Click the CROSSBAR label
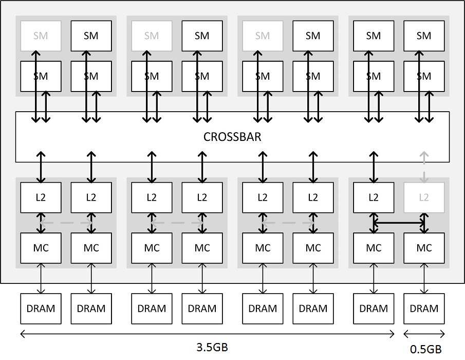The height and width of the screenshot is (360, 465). click(x=232, y=137)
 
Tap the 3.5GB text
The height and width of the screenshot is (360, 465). click(x=212, y=347)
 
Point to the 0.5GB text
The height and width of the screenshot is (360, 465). click(x=425, y=349)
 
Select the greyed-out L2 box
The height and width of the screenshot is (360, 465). click(x=424, y=197)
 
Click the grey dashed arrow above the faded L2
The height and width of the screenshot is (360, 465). click(x=424, y=167)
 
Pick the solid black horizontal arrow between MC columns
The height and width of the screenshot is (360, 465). click(x=399, y=223)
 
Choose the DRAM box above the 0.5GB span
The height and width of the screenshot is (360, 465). click(x=424, y=309)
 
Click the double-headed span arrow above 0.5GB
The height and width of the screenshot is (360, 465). click(x=424, y=334)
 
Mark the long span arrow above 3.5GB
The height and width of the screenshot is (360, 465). click(x=207, y=334)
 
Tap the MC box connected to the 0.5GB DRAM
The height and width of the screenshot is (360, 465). click(x=424, y=248)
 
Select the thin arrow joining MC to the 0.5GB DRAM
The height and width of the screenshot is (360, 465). click(x=424, y=278)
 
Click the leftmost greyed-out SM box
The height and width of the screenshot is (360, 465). click(x=41, y=36)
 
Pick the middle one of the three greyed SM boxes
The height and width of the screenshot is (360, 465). click(x=152, y=36)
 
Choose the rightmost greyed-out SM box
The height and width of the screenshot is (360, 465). click(x=263, y=36)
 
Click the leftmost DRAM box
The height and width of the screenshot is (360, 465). click(x=41, y=309)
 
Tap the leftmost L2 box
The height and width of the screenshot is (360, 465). click(x=41, y=197)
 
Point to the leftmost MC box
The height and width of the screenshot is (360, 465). click(x=41, y=248)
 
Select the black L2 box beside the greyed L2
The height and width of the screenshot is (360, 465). click(x=374, y=197)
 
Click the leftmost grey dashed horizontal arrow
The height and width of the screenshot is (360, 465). click(x=66, y=223)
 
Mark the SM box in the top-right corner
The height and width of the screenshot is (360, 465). click(x=424, y=36)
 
